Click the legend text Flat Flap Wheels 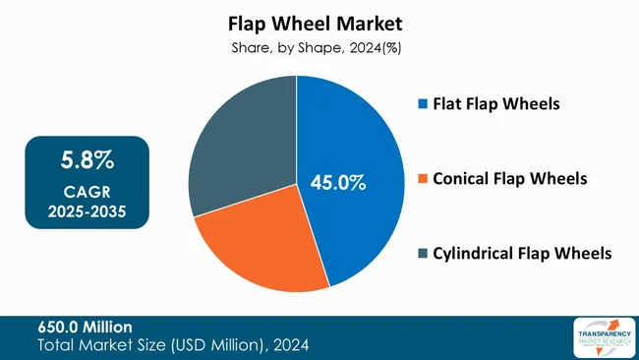[494, 103]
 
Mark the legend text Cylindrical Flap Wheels [520, 254]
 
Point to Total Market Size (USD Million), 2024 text [174, 344]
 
